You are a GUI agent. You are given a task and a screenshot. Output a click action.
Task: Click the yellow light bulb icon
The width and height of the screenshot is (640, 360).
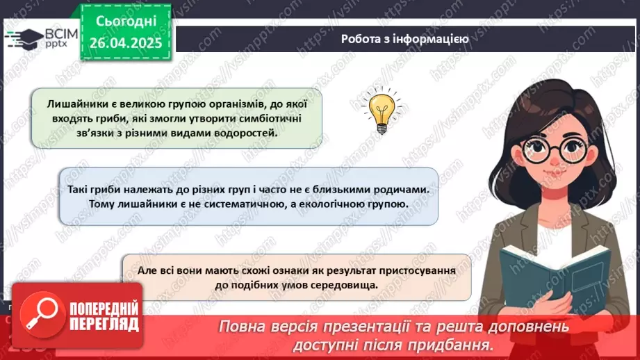[381, 109]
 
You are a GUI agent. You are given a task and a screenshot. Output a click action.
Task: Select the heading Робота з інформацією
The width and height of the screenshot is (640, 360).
[404, 39]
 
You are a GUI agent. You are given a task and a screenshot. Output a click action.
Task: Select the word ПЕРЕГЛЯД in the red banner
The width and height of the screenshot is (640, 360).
[104, 325]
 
